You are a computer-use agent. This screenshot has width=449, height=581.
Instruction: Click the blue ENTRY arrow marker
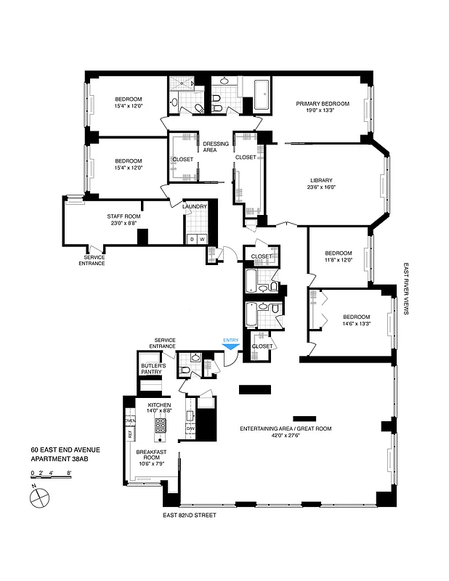(x=230, y=346)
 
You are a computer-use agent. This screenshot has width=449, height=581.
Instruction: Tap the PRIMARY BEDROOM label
(x=322, y=104)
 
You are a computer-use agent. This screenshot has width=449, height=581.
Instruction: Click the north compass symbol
(x=38, y=497)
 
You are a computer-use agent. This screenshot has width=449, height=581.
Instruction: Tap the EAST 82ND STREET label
(x=190, y=515)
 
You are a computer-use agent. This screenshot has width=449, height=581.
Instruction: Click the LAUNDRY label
(x=195, y=207)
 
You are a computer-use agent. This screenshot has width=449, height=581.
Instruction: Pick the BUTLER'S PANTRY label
(x=152, y=368)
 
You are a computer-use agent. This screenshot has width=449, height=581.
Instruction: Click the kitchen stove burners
(x=159, y=426)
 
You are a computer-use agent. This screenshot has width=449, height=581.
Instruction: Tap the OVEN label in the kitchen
(x=131, y=421)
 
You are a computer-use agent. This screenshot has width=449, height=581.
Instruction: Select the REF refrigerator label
(x=130, y=434)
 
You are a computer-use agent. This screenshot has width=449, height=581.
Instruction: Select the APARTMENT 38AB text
(x=64, y=459)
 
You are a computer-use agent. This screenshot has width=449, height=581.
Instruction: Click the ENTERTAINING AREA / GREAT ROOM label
(x=286, y=429)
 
